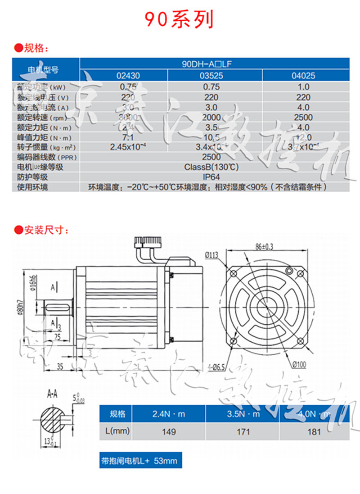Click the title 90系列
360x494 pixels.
(179, 19)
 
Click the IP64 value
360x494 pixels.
(211, 177)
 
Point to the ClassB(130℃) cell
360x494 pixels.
(211, 167)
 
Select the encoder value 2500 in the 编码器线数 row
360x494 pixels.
(211, 157)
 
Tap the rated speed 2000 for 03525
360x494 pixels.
(211, 117)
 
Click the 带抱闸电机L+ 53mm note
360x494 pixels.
(141, 461)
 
